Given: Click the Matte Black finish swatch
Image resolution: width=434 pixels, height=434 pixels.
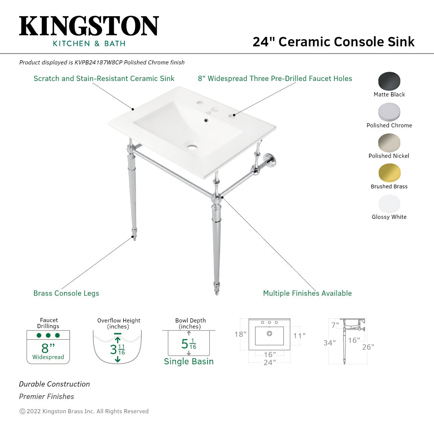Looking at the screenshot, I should [389, 81].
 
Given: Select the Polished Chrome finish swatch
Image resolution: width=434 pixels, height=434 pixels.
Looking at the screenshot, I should [389, 112].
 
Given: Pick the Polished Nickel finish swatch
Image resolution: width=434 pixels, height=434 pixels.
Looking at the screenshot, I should [389, 142].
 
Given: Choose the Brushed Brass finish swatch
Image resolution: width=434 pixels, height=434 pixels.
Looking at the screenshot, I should [389, 173].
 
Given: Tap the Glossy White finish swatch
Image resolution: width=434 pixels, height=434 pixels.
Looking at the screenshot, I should [389, 203].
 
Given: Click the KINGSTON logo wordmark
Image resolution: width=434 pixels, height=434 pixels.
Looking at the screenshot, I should [89, 26].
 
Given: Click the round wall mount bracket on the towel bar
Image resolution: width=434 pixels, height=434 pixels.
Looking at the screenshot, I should [268, 158].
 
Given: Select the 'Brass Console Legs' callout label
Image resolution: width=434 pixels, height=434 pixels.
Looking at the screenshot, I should [66, 293].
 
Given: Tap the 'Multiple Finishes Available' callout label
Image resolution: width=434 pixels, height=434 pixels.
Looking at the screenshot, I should [307, 293].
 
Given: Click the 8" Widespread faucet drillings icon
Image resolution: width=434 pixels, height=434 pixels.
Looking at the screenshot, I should [48, 347].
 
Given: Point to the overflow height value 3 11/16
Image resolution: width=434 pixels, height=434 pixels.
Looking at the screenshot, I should [117, 349].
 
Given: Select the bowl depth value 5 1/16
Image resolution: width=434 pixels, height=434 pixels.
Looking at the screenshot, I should [189, 344].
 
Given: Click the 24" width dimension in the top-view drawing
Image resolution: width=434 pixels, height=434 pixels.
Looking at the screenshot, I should [269, 362].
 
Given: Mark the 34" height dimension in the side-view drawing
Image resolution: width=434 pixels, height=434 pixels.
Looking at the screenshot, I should [329, 343].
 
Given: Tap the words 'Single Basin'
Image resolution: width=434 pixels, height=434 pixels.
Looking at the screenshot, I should [189, 361].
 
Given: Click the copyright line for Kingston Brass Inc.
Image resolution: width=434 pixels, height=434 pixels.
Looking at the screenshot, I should [84, 411].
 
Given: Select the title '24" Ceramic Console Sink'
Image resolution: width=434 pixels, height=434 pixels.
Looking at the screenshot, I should [333, 41].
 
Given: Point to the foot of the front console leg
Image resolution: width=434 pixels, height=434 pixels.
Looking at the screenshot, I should [217, 290].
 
